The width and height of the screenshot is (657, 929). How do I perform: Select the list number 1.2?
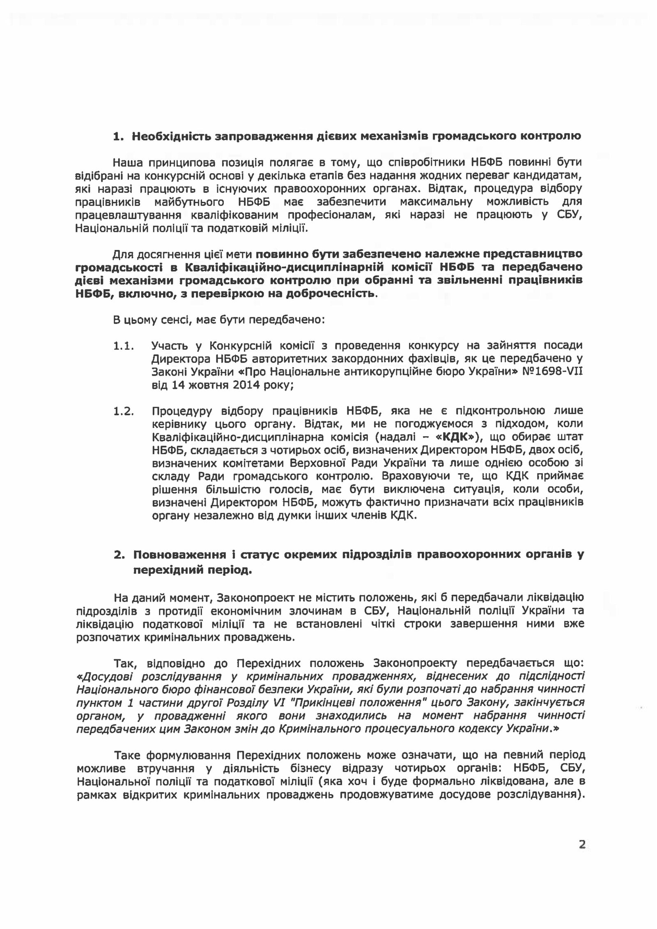[124, 411]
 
